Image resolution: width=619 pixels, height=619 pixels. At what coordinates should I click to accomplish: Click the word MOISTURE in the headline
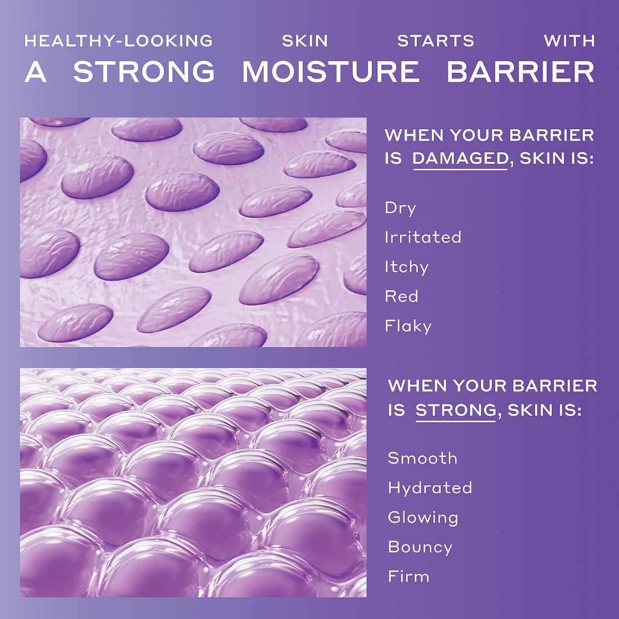pos(331,72)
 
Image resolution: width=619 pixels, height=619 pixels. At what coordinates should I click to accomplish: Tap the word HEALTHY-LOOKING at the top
pos(118,41)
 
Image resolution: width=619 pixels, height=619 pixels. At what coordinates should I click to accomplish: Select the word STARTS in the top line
pos(436,41)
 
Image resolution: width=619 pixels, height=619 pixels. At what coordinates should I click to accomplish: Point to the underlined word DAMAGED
pos(460,159)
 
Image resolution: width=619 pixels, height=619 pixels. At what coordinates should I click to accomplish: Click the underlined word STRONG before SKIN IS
pos(456,410)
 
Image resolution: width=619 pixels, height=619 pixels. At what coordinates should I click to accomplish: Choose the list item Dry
pos(400,208)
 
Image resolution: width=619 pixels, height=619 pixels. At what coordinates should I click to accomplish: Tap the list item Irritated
pos(423,237)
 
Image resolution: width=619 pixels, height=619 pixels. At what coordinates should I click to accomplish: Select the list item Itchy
pos(407,267)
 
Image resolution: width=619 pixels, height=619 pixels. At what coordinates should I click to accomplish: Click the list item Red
pos(401,296)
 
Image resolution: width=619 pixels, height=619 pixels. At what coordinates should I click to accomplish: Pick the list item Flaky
pos(408,326)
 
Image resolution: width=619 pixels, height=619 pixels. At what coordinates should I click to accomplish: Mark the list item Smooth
pos(422,458)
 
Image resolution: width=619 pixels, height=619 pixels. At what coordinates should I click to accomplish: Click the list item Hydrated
pos(430,487)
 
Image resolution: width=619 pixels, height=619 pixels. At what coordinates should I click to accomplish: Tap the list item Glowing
pos(423,517)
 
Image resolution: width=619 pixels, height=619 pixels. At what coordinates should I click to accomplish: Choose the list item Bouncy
pos(420,547)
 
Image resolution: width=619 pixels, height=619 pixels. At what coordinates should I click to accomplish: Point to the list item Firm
pos(409,576)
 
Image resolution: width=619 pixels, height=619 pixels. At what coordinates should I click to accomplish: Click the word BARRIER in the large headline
pos(520,72)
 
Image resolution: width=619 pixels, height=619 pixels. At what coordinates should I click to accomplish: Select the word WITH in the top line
pos(569,41)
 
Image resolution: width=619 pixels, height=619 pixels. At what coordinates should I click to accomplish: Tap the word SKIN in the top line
pos(305,41)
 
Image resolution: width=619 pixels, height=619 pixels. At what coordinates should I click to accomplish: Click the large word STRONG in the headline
pos(144,72)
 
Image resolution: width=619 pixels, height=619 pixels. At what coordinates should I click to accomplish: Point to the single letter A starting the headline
pos(36,72)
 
